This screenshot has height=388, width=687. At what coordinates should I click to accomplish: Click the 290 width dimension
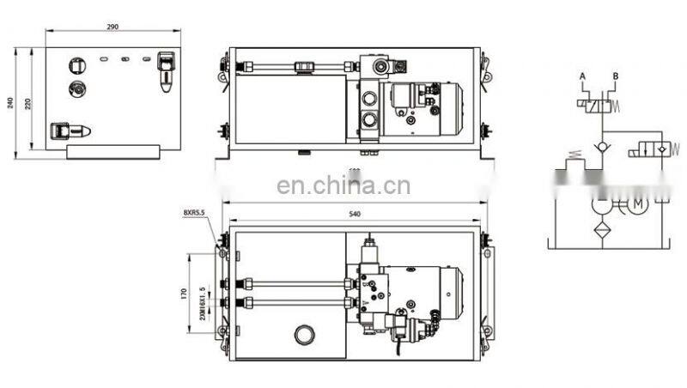(x=112, y=27)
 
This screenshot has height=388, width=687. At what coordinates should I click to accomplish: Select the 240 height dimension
(x=11, y=102)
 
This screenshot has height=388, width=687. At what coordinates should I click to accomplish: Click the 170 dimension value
(x=184, y=294)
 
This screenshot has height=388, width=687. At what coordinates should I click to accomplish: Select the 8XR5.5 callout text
(x=197, y=211)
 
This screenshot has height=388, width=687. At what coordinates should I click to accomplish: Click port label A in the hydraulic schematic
(x=582, y=77)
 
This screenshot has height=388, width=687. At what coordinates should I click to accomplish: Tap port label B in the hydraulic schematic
(x=615, y=77)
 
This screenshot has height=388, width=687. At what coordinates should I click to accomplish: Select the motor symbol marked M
(x=636, y=204)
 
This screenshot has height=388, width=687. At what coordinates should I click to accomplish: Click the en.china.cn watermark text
(x=343, y=186)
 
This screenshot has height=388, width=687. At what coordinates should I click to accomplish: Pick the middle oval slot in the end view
(x=125, y=59)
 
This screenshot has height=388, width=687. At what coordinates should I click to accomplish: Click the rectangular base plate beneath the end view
(x=112, y=152)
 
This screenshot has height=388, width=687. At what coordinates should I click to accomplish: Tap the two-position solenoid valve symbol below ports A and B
(x=599, y=106)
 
